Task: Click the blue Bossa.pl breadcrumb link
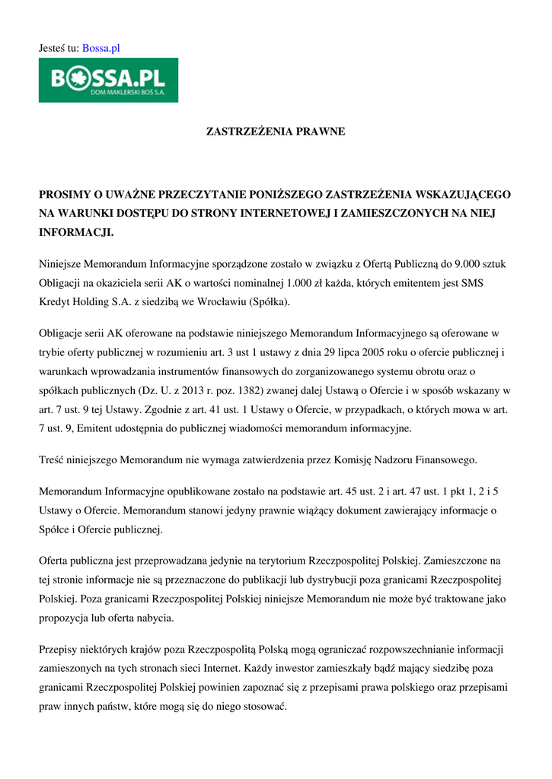101,48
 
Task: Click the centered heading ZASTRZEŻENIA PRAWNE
276,132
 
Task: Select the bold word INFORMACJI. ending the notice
76,231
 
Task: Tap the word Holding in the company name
94,302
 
